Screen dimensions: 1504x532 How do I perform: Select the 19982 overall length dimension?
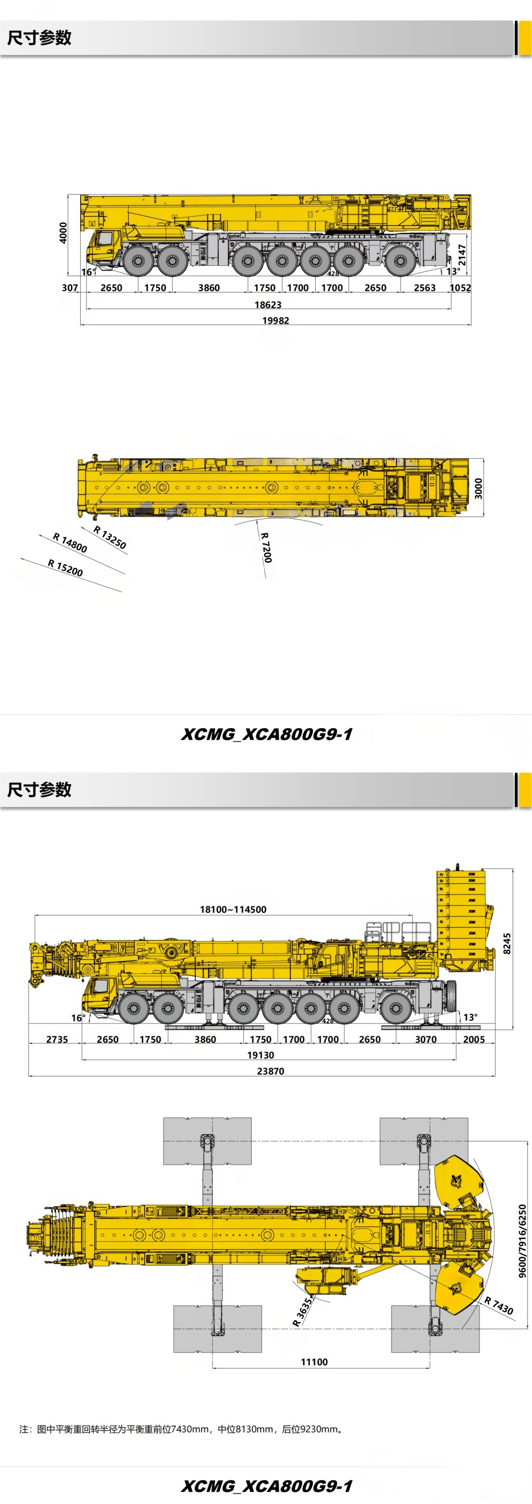click(275, 320)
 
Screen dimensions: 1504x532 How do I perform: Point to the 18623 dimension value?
click(267, 305)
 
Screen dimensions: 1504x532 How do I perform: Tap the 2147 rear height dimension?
click(462, 254)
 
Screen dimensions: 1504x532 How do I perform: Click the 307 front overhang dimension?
click(70, 288)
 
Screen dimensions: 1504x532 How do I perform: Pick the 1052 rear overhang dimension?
click(460, 288)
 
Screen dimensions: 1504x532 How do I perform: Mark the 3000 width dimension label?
click(478, 488)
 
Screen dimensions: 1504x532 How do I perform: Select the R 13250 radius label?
click(110, 538)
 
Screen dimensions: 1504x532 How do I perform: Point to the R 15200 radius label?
click(65, 568)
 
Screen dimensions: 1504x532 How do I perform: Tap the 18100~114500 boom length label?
click(233, 909)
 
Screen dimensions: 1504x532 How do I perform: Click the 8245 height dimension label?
click(507, 943)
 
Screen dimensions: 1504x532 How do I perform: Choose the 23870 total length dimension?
click(270, 1071)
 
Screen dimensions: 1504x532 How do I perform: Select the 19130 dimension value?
click(260, 1055)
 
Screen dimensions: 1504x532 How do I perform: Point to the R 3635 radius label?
click(303, 1311)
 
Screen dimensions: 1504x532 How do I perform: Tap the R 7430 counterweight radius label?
click(499, 1305)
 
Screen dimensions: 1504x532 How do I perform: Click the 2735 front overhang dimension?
click(57, 1039)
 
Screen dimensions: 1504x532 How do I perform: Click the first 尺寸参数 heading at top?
click(39, 38)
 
